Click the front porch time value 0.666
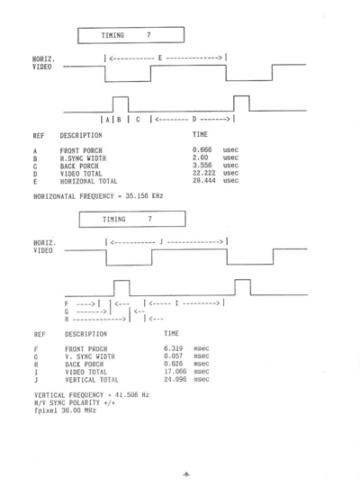(202, 149)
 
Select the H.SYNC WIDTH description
(83, 158)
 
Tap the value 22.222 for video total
(203, 173)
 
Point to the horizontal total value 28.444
(203, 180)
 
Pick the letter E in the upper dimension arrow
(160, 58)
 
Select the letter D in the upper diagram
(194, 119)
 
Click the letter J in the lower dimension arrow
(161, 241)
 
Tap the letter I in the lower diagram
(176, 302)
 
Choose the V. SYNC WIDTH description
(90, 356)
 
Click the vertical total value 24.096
(175, 379)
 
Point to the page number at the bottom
(186, 474)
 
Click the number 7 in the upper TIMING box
(148, 35)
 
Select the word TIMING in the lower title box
(114, 220)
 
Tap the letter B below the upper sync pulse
(119, 120)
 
